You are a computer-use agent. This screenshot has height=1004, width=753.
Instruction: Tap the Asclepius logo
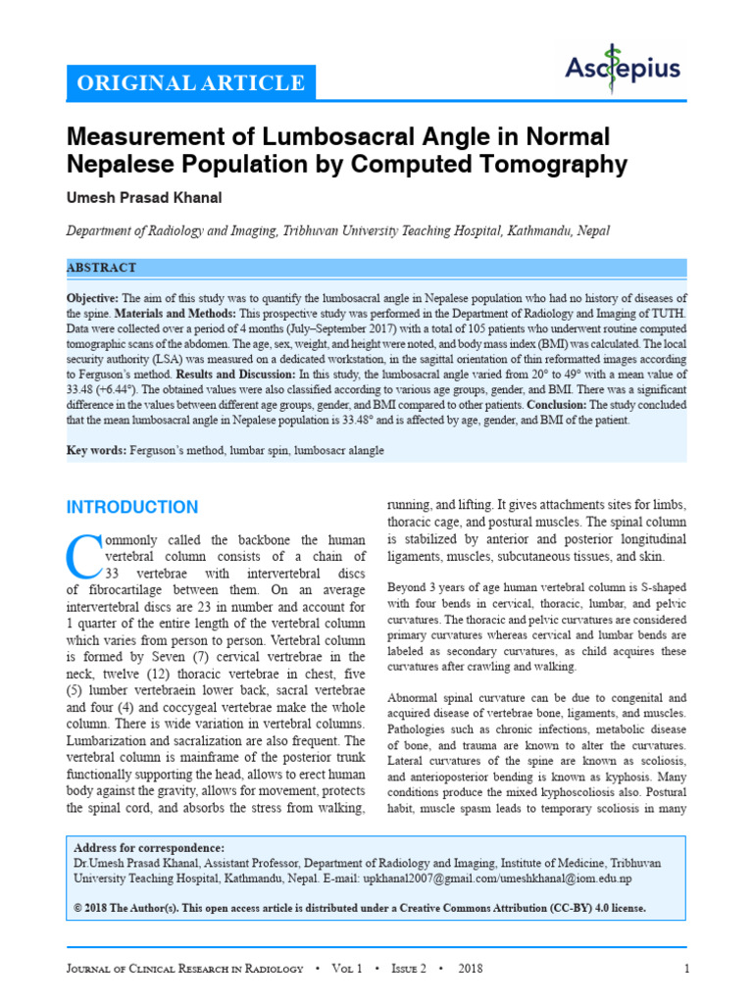(623, 69)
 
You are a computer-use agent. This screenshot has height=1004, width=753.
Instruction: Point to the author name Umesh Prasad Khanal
(144, 198)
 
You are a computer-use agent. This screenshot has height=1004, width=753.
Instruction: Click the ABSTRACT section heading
(101, 268)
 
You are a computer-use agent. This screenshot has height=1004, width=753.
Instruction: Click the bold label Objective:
(92, 298)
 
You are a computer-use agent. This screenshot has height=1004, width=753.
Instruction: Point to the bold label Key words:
(95, 450)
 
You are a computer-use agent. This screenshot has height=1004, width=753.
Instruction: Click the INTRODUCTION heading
(131, 507)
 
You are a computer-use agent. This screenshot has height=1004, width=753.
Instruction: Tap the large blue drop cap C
(83, 557)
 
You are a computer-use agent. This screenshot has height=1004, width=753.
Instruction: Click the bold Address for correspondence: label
(149, 848)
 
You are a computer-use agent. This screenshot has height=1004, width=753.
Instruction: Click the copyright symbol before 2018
(78, 908)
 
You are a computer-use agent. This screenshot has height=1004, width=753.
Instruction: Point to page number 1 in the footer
(687, 970)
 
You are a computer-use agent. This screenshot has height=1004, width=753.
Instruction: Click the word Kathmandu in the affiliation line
(544, 231)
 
